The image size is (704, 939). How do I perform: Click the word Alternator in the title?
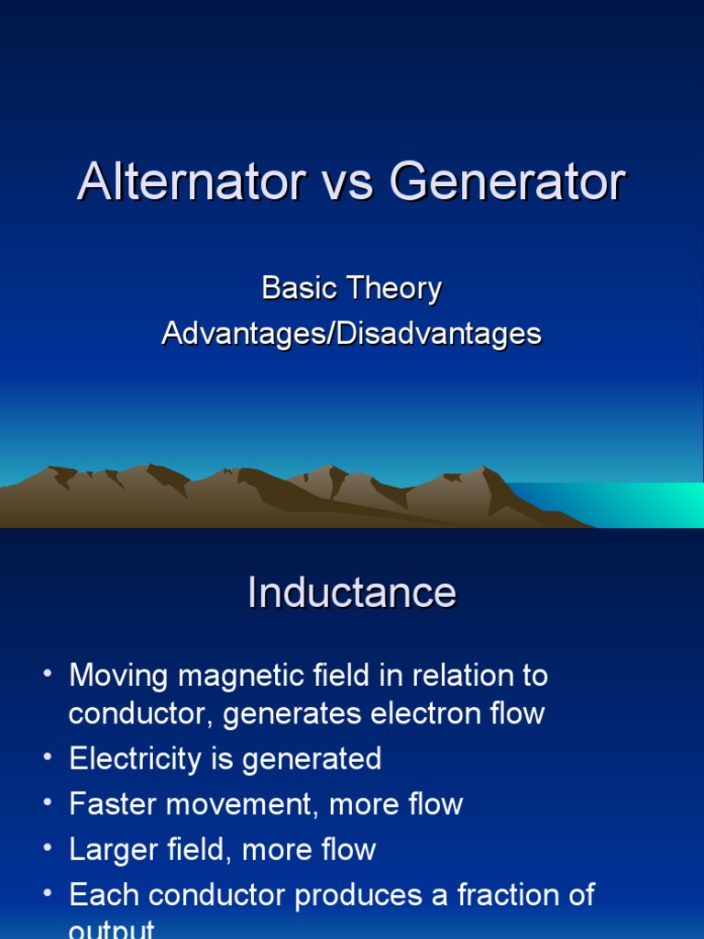pyautogui.click(x=190, y=182)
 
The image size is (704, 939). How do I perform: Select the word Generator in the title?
pyautogui.click(x=507, y=182)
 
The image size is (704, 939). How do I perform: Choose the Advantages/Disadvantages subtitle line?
pyautogui.click(x=352, y=333)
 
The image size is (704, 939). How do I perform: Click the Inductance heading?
pyautogui.click(x=352, y=592)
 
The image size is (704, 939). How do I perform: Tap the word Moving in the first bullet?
pyautogui.click(x=118, y=676)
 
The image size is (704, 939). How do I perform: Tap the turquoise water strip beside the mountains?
pyautogui.click(x=632, y=503)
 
